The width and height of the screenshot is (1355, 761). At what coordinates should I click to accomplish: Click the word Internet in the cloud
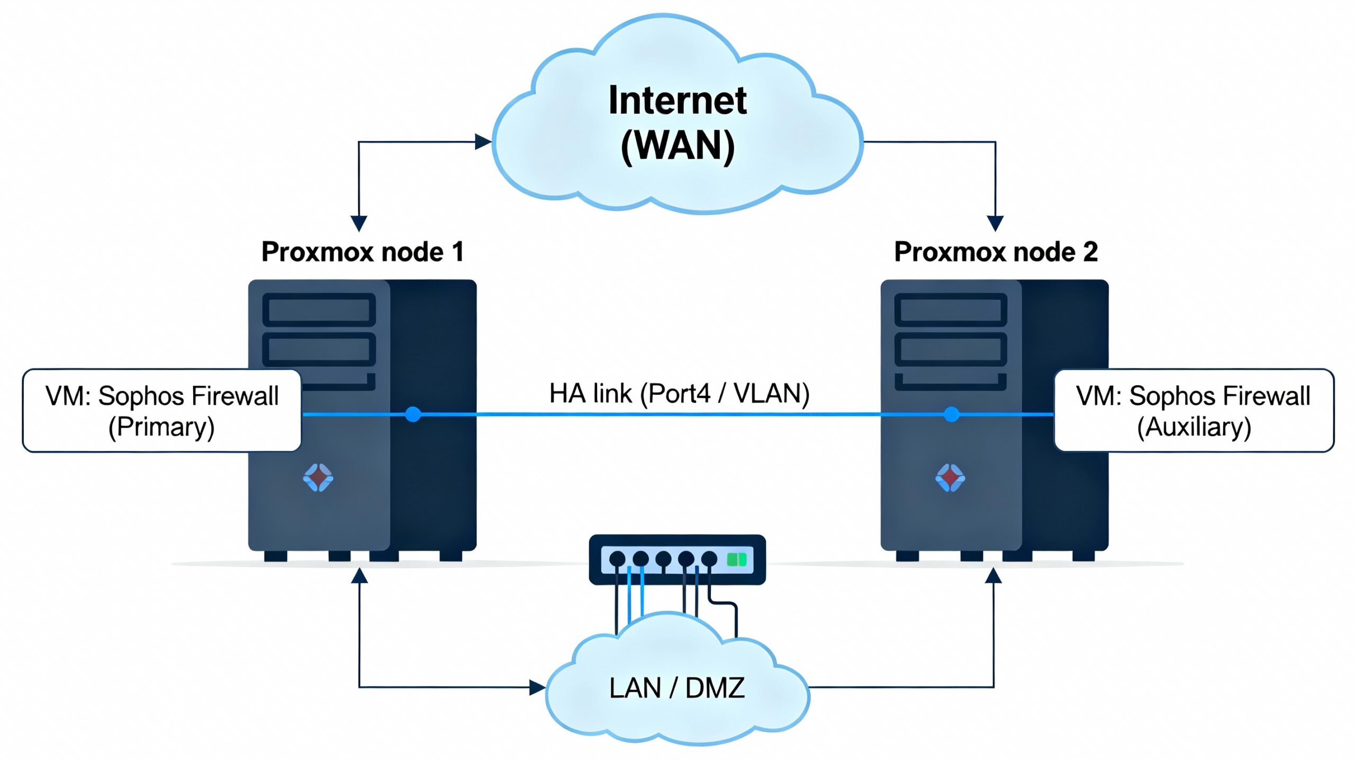tap(677, 101)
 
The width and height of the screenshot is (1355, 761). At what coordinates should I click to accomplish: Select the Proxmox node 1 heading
tap(363, 252)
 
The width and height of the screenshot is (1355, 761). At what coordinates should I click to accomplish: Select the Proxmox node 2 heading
tap(996, 252)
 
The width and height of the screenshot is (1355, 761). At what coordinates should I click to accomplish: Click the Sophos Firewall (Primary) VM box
tap(162, 411)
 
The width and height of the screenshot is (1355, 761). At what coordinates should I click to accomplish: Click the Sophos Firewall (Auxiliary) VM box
tap(1194, 411)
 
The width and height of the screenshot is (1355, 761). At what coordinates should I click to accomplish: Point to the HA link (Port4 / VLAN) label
tap(679, 394)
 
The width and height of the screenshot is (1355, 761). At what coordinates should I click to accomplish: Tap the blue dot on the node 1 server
tap(413, 414)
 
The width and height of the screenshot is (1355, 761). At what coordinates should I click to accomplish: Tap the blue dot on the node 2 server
tap(951, 414)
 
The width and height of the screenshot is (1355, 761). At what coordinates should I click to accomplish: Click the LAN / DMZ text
tap(677, 688)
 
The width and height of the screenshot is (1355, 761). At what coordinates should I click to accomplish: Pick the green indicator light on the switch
tap(736, 559)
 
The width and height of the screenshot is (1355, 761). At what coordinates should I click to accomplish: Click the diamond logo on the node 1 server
tap(318, 477)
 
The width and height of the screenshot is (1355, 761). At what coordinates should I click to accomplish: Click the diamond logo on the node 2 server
tap(950, 478)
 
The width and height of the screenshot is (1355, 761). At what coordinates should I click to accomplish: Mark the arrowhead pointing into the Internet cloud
tap(483, 142)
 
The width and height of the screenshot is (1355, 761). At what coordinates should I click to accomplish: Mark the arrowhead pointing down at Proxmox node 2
tap(995, 223)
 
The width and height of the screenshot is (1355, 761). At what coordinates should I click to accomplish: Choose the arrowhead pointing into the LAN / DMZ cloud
tap(537, 687)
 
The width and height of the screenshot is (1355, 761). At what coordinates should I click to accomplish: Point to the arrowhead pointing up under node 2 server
tap(993, 576)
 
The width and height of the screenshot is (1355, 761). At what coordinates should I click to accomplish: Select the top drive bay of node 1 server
tap(319, 310)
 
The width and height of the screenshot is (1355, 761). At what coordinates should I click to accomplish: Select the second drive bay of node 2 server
tap(951, 349)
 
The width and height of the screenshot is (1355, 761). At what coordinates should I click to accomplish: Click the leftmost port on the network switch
tap(617, 559)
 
